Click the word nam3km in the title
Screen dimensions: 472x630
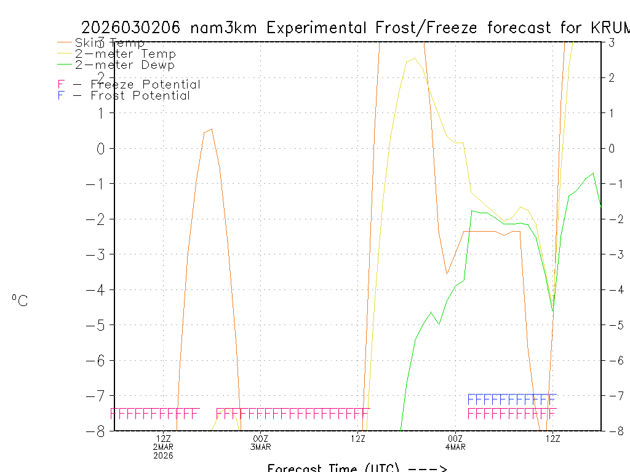click(x=225, y=28)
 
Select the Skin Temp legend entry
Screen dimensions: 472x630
click(x=110, y=43)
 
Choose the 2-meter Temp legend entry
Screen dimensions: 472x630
click(x=125, y=54)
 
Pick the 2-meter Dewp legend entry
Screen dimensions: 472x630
click(x=124, y=65)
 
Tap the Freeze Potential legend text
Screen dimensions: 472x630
click(x=145, y=85)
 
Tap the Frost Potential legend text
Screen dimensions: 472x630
click(x=140, y=95)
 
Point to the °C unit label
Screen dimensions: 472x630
click(x=20, y=301)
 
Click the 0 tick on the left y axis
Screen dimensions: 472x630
click(x=102, y=148)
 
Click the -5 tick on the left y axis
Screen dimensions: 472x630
click(x=97, y=324)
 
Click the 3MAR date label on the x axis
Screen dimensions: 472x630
click(x=260, y=447)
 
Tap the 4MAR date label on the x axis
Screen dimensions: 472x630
click(x=455, y=447)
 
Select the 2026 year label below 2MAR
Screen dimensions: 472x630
click(x=163, y=455)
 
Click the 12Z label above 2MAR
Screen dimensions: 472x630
click(x=163, y=438)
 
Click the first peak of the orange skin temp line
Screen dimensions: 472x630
click(x=211, y=129)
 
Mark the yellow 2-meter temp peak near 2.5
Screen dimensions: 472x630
click(x=414, y=58)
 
